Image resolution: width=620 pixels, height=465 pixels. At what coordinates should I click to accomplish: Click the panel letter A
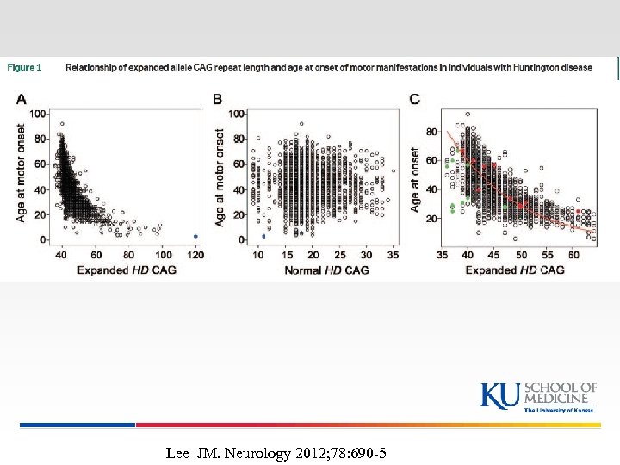(21, 101)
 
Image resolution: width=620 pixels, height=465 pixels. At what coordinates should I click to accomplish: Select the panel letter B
(217, 101)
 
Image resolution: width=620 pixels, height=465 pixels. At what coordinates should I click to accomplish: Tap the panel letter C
(415, 100)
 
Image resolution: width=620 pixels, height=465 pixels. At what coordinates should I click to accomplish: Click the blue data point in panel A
(195, 236)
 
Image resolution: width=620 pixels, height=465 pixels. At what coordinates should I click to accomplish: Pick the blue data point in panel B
(263, 236)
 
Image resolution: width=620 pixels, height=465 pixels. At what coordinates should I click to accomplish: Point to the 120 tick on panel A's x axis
(195, 256)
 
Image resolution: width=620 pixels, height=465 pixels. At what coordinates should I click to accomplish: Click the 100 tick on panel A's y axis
(39, 114)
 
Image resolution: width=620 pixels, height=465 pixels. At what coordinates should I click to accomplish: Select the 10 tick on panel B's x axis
(258, 256)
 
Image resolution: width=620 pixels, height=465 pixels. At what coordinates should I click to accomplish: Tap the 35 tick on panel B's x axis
(391, 256)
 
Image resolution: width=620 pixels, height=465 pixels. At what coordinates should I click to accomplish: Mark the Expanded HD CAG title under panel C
(515, 270)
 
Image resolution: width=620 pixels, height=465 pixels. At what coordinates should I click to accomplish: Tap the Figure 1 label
(25, 68)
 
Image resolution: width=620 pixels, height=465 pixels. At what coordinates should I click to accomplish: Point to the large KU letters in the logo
(499, 395)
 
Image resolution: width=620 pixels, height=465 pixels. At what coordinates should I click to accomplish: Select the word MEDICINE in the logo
(560, 399)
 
